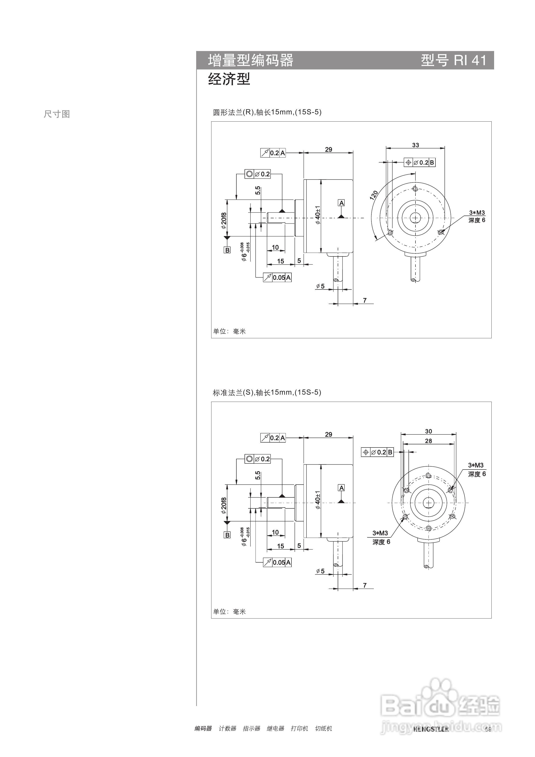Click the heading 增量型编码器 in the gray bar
click(251, 60)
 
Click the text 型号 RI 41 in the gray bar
click(453, 60)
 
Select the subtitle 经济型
click(229, 79)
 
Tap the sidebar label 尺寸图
click(57, 114)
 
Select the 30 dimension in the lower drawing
click(428, 431)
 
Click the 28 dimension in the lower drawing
click(428, 441)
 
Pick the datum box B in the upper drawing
click(227, 250)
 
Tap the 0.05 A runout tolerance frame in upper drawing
click(277, 277)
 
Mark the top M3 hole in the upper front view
click(415, 189)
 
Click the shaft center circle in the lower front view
click(428, 503)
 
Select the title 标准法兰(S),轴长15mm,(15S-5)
click(267, 392)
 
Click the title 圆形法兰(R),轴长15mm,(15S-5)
click(267, 112)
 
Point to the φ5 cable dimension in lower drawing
click(320, 571)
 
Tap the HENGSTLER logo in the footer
click(431, 729)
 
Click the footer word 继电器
click(275, 728)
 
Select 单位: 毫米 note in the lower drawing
click(229, 612)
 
